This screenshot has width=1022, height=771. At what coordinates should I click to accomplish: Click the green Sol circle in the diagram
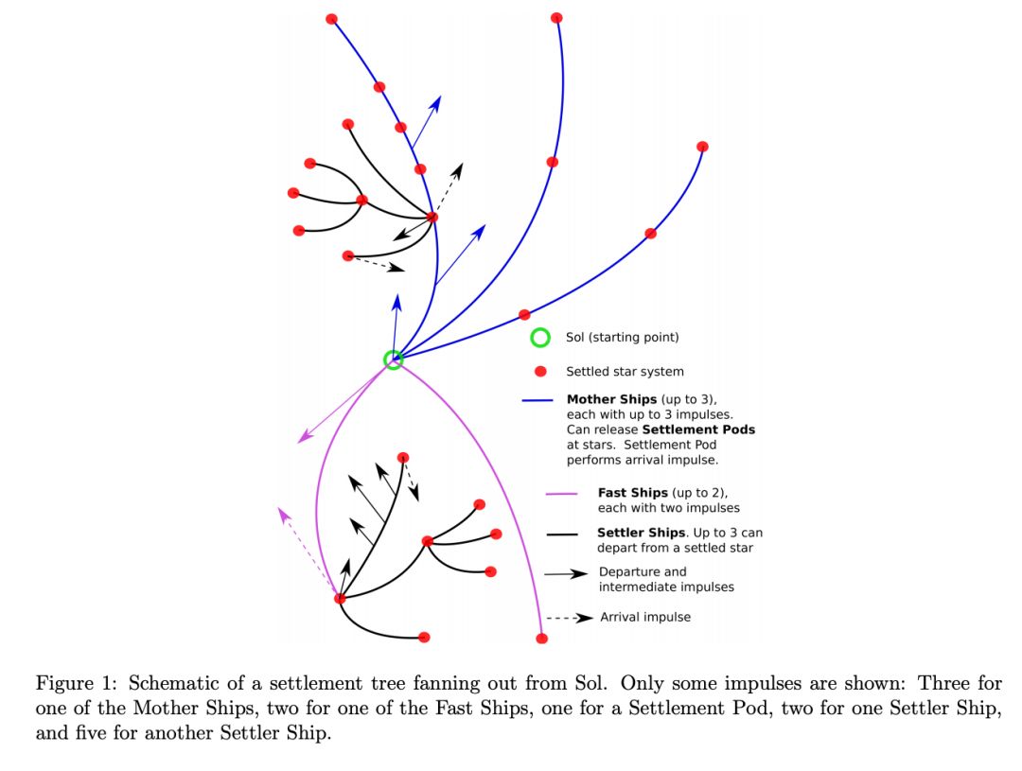[x=393, y=359]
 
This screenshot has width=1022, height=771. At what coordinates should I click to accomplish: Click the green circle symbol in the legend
[x=540, y=338]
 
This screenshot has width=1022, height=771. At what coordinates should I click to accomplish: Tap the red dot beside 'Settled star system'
[x=540, y=372]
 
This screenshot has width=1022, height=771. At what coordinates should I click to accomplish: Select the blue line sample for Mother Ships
[x=537, y=400]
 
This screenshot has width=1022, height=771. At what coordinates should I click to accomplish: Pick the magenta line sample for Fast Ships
[x=561, y=493]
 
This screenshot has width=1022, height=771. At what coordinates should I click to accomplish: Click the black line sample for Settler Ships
[x=563, y=534]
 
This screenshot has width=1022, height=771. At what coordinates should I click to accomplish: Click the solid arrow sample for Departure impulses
[x=565, y=573]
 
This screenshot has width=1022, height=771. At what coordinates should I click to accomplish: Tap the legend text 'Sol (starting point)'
[x=623, y=338]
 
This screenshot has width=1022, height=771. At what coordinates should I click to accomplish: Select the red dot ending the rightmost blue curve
[x=702, y=147]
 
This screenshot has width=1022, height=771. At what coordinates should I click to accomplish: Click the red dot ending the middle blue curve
[x=556, y=18]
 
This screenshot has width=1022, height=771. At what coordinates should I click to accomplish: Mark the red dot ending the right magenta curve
[x=541, y=639]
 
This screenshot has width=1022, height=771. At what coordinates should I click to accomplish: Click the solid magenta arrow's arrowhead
[x=302, y=440]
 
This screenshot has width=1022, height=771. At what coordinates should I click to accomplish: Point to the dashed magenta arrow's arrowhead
[x=282, y=511]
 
